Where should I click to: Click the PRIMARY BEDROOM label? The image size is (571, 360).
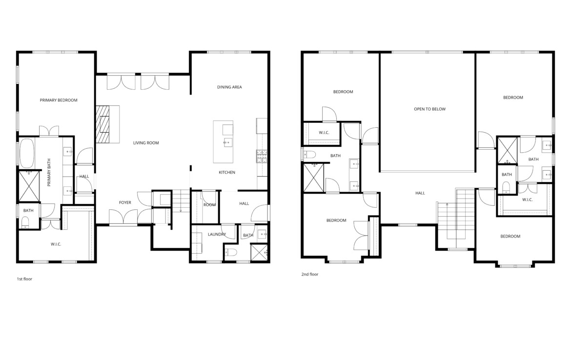tap(59, 100)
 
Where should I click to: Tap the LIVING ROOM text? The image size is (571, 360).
tap(146, 143)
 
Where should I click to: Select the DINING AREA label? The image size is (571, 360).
tap(229, 87)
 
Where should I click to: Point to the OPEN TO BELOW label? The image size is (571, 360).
tap(429, 109)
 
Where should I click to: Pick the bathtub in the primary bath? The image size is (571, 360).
tap(27, 153)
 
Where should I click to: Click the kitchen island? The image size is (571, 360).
tap(223, 142)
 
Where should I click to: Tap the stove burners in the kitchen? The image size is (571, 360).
tap(262, 156)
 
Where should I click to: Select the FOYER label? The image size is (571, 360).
tap(125, 202)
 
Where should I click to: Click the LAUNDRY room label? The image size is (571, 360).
tap(217, 235)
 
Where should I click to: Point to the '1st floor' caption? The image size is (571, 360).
tap(24, 279)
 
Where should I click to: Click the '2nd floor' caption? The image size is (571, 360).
tap(310, 274)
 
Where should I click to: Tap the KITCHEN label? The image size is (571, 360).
tap(227, 172)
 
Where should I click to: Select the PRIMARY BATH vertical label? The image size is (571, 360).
tap(49, 172)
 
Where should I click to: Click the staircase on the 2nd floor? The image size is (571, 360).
tap(456, 219)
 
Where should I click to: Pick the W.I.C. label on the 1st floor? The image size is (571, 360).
tap(56, 244)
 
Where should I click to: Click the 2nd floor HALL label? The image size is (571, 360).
tap(420, 193)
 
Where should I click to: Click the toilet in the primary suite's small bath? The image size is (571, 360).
tap(25, 222)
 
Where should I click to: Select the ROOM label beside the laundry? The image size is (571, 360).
tap(209, 205)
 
